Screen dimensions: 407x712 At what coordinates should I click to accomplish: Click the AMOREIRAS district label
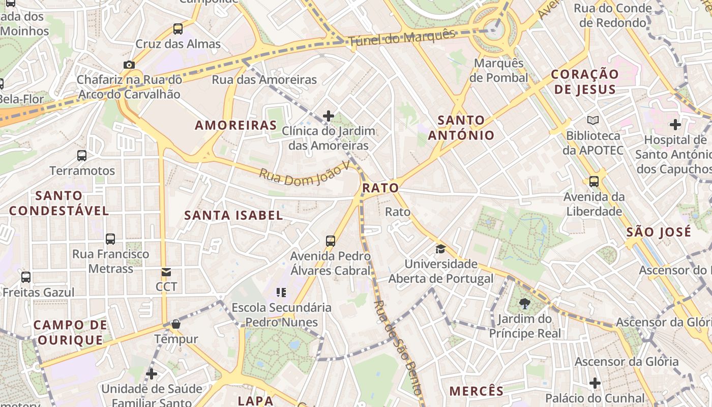click(x=236, y=125)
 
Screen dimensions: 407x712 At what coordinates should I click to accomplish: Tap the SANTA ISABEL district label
click(x=233, y=215)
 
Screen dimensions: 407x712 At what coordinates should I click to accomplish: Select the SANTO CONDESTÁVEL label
click(x=59, y=203)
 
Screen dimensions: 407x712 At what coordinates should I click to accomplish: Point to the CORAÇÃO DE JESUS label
click(x=585, y=81)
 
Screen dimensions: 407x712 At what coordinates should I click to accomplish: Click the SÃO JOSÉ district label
click(x=659, y=232)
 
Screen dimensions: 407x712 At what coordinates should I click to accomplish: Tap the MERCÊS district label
click(x=477, y=391)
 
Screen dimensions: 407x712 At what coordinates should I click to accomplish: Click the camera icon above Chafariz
click(x=129, y=65)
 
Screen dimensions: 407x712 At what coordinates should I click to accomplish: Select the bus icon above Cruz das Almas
click(x=177, y=28)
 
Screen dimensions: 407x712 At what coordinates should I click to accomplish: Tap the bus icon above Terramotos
click(x=82, y=155)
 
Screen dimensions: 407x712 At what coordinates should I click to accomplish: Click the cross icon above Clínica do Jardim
click(x=329, y=116)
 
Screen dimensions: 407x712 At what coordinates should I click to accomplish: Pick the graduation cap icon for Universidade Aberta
click(x=440, y=249)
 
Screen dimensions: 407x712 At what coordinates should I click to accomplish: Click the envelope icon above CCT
click(x=166, y=272)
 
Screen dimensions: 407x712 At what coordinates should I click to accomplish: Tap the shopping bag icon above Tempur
click(x=176, y=324)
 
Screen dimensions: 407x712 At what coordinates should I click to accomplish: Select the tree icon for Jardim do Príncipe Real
click(x=525, y=304)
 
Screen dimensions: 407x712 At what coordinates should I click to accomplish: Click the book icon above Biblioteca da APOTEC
click(x=593, y=121)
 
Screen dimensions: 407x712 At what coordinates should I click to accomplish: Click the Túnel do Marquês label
click(x=402, y=37)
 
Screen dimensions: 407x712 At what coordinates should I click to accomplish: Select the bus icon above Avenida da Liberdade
click(x=594, y=181)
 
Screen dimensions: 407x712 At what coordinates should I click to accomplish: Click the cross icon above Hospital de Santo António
click(x=675, y=124)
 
